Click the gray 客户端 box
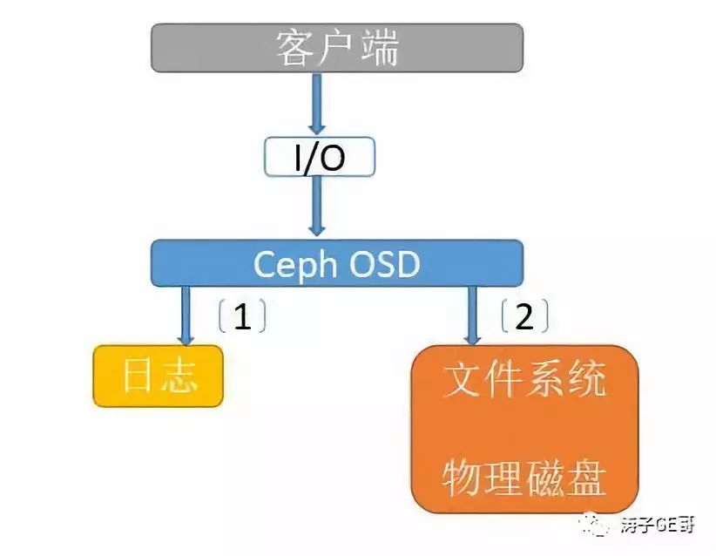pos(337,47)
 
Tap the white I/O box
pos(319,158)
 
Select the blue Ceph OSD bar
pos(337,262)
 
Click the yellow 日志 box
pos(158,376)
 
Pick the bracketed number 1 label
pos(241,317)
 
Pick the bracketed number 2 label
pos(524,317)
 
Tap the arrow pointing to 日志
pos(186,315)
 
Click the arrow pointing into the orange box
pos(473,315)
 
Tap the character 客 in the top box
pos(295,47)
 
